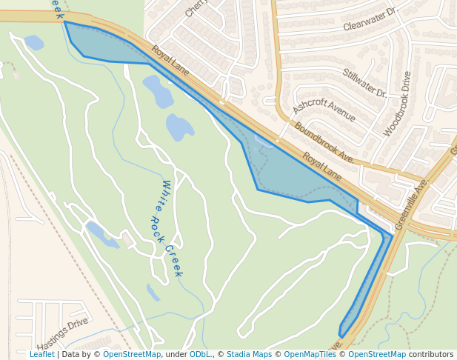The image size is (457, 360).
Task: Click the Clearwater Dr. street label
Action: [370, 20]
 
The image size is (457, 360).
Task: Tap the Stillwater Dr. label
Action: [364, 83]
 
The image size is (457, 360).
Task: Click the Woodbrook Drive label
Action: [397, 104]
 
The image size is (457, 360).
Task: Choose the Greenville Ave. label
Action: [412, 204]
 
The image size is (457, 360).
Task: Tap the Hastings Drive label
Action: [62, 334]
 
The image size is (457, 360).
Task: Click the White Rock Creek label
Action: [172, 228]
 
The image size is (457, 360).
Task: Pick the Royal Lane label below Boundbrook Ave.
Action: [321, 167]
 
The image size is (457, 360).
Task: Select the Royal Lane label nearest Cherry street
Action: [170, 61]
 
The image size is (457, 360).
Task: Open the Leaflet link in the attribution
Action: [41, 354]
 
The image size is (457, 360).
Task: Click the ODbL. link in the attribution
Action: [200, 354]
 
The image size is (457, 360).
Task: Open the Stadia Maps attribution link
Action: [249, 354]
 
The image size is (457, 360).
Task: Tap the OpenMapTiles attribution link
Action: [310, 354]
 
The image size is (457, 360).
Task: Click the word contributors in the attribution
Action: [431, 354]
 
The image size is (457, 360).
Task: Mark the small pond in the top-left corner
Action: [34, 42]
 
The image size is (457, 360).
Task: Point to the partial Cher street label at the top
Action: [194, 8]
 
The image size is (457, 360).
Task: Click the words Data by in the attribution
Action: [76, 354]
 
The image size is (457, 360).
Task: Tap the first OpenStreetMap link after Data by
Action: [132, 354]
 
